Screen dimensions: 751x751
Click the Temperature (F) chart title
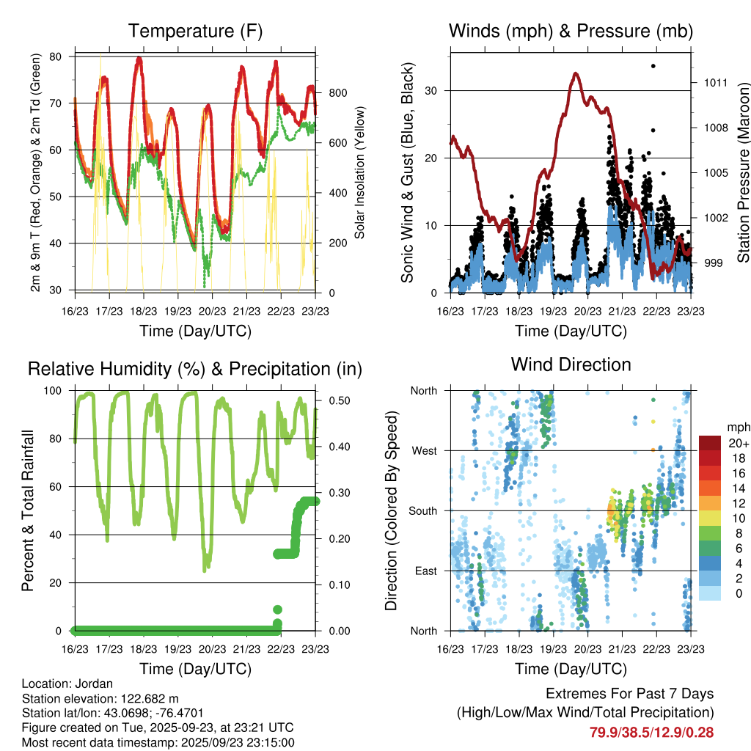195,32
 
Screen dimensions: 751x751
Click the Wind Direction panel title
571,364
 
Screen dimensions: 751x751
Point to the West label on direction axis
423,450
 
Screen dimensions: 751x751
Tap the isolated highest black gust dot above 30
653,66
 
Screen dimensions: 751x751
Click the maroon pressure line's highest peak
576,73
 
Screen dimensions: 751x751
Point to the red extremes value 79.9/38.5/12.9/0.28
651,732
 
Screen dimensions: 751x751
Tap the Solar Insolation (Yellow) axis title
359,173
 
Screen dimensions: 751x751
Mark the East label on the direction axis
425,571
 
